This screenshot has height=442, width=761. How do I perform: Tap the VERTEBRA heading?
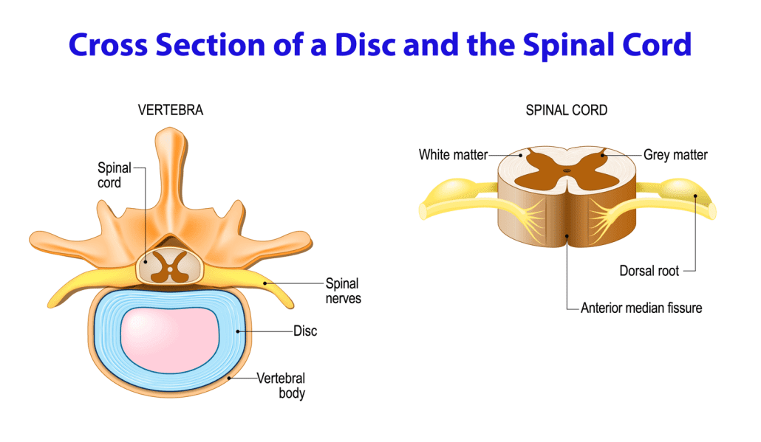tap(170, 111)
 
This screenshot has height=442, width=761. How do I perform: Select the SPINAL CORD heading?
tap(566, 111)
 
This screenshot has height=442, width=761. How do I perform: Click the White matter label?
tap(453, 155)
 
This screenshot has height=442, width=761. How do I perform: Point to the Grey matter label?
tap(675, 155)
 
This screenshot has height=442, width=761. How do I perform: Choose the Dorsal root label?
tap(649, 271)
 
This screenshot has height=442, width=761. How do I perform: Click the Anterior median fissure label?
tap(641, 308)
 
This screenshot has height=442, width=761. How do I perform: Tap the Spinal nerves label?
tap(343, 291)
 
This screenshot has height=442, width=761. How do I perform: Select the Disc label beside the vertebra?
tap(305, 331)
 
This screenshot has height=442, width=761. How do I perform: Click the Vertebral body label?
tap(281, 386)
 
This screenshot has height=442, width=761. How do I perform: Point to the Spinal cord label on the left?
tap(114, 175)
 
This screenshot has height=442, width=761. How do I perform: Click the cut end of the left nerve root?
tap(423, 212)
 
